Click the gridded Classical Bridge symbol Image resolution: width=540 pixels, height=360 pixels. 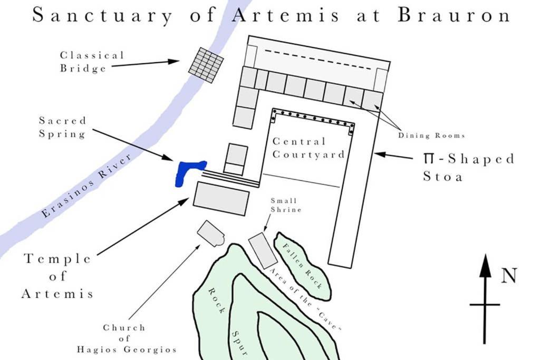206,65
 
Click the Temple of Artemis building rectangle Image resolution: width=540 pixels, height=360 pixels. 221,199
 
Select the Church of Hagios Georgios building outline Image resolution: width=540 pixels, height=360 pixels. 211,233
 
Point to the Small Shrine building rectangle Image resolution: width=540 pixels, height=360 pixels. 263,250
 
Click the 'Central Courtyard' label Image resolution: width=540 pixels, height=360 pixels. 308,148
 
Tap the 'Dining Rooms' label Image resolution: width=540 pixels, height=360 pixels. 431,135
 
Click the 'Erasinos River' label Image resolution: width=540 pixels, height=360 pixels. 86,186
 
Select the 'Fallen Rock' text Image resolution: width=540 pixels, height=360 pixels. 302,266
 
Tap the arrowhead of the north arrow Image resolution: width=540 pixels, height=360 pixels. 486,266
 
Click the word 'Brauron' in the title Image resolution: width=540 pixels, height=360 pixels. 454,15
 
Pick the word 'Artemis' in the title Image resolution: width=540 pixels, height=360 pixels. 285,15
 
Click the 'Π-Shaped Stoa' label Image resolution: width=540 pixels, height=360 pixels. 469,167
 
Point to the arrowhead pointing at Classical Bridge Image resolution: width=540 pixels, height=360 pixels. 173,61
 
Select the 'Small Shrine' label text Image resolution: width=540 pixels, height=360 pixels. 286,205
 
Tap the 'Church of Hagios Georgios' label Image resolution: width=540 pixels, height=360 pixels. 127,339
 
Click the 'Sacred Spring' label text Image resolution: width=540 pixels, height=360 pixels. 62,128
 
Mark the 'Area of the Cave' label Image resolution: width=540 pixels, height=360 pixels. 305,299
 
